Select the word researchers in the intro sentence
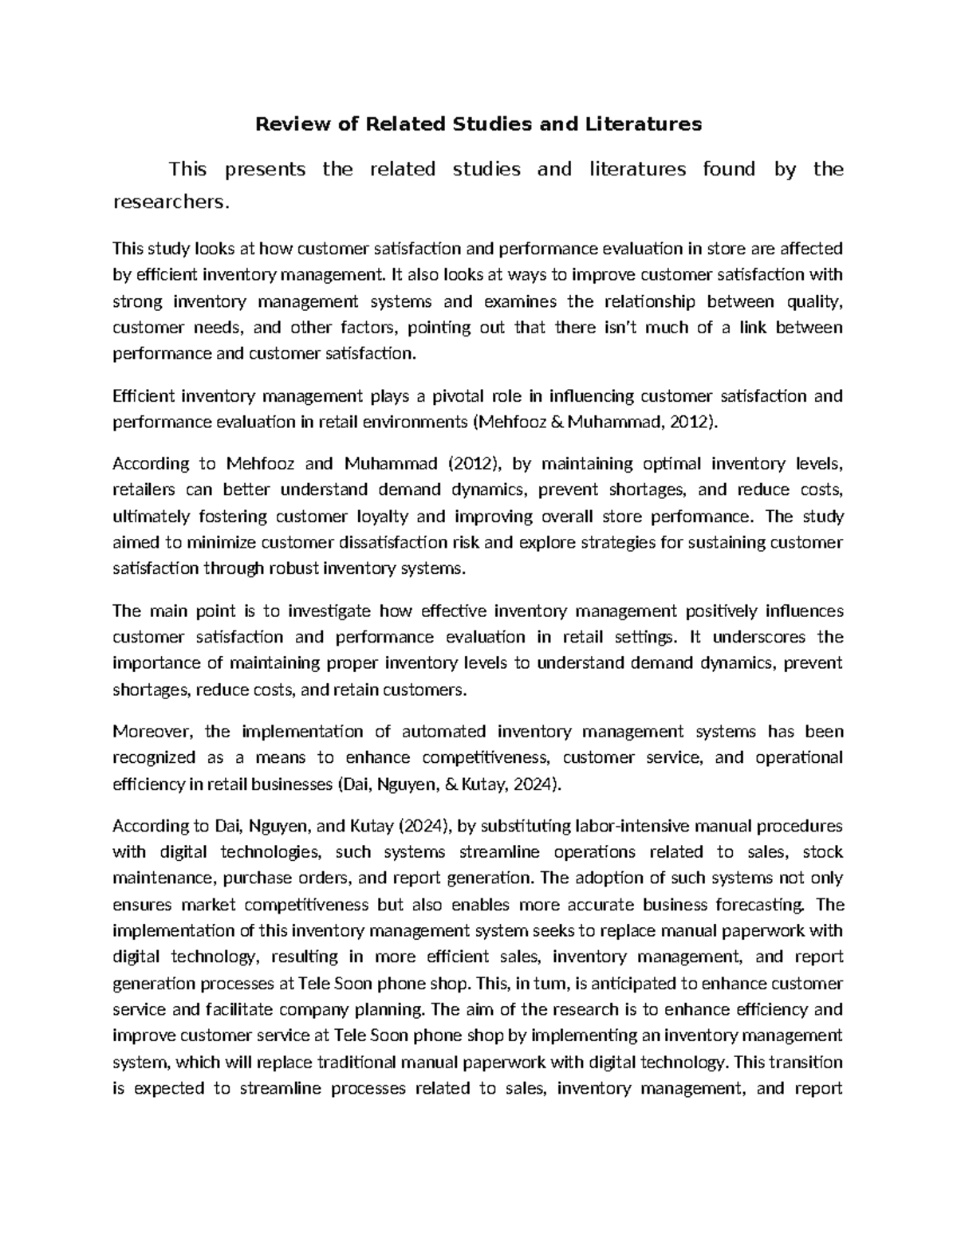(x=169, y=202)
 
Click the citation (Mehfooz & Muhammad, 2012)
(x=596, y=422)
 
